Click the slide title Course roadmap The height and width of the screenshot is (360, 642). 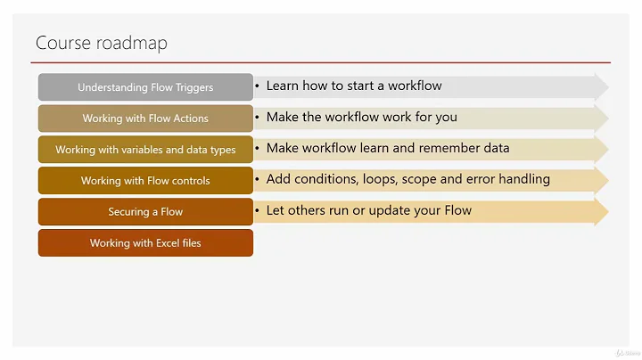[101, 43]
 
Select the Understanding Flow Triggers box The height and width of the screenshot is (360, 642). [145, 87]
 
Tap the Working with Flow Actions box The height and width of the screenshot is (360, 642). [145, 119]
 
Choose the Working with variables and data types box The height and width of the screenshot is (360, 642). [145, 150]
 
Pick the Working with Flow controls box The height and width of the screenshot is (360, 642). [145, 181]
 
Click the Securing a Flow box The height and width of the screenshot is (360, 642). [145, 212]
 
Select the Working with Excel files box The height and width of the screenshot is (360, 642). [145, 243]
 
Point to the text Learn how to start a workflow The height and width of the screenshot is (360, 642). [354, 86]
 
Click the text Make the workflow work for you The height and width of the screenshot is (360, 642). [361, 117]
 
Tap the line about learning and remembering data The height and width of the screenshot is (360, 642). [388, 148]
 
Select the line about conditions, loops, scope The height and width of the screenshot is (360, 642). [407, 179]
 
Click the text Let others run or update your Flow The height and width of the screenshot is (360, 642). [368, 210]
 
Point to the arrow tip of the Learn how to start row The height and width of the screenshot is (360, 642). [603, 86]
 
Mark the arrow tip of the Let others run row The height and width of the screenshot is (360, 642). [603, 211]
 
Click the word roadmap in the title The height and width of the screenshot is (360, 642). [135, 43]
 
